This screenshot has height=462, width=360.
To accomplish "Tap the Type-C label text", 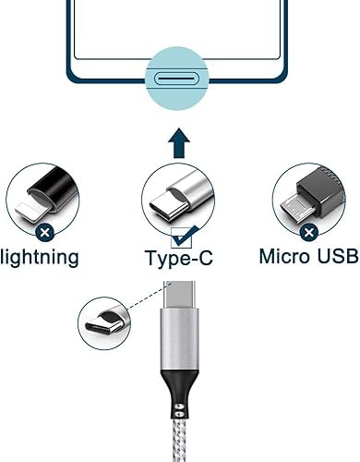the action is tap(179, 257).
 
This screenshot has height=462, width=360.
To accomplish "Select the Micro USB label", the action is tap(308, 255).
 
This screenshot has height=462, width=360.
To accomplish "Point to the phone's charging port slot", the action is tap(179, 79).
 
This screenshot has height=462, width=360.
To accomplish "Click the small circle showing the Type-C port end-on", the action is tap(103, 322).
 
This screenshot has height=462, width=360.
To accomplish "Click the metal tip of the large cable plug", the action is tap(178, 291).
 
